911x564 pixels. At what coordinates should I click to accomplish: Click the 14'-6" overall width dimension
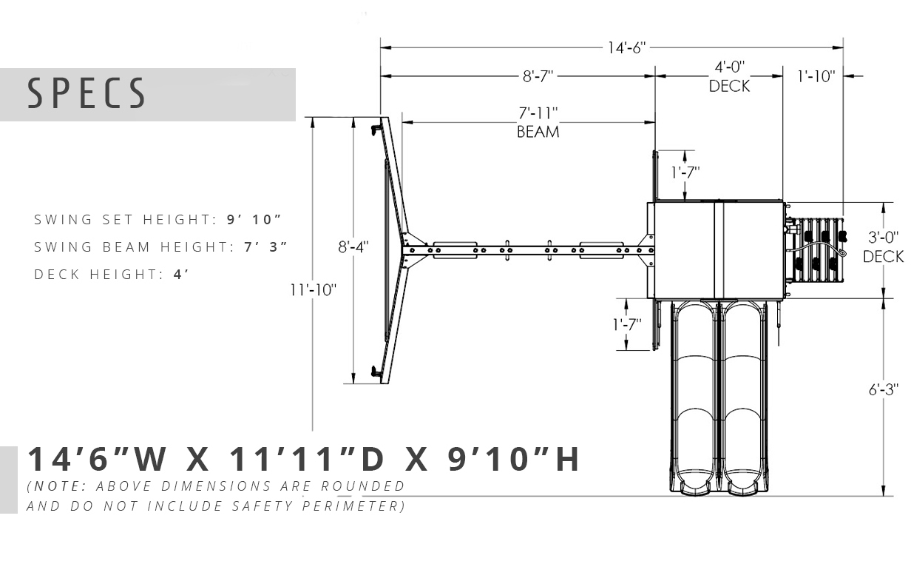coord(626,47)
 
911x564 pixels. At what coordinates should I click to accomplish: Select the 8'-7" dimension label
coord(538,76)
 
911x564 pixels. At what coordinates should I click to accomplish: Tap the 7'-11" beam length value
coord(538,113)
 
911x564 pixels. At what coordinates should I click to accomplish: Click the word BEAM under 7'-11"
coord(538,132)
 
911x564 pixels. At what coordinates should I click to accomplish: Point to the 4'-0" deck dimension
coord(730,67)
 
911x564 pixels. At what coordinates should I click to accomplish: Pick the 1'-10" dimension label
coord(816,76)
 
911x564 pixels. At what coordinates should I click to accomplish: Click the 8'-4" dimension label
coord(353,246)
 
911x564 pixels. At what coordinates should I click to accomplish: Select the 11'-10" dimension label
coord(314,290)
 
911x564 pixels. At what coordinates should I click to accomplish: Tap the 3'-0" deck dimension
coord(884,237)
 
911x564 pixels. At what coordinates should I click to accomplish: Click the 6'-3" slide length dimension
coord(884,390)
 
